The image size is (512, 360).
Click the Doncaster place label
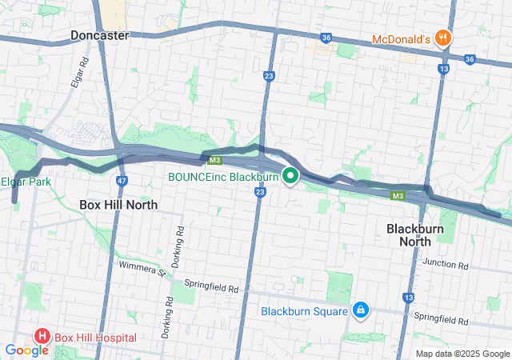99,35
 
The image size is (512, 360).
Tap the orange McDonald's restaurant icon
442,38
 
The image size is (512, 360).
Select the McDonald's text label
402,38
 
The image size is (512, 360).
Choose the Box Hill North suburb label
118,204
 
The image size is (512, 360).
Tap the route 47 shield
121,182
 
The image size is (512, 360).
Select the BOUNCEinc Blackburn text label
223,177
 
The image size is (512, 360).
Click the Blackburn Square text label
303,311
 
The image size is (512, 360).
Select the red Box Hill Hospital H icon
41,338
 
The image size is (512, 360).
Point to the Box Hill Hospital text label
95,338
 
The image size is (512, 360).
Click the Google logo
26,350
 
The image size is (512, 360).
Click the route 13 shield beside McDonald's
442,70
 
